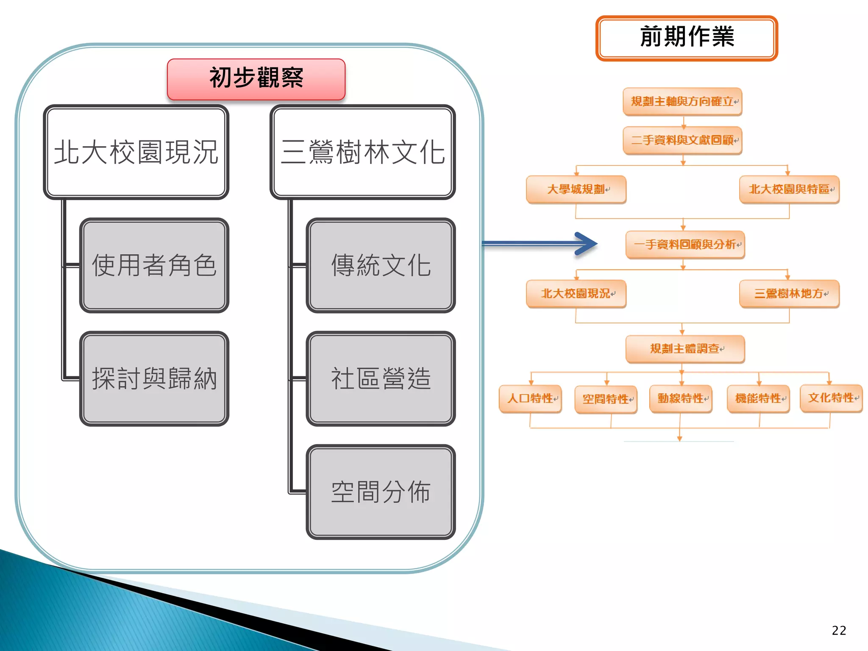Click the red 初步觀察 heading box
pos(256,79)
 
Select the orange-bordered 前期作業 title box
pos(687,38)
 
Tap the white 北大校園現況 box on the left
pos(136,152)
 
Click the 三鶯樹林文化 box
pos(363,152)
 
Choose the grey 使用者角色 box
pos(154,265)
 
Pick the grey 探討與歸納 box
pos(154,378)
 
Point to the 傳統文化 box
pos(381,265)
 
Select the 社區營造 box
pos(381,378)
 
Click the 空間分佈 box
pos(381,492)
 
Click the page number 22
pos(839,631)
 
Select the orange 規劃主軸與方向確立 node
pos(682,102)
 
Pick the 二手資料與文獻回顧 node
pos(682,140)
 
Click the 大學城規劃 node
pos(576,189)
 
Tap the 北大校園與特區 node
pos(789,189)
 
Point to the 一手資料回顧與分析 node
pos(685,245)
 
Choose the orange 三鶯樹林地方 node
pos(789,294)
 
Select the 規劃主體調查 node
pos(685,349)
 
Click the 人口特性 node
pos(531,399)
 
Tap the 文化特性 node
pos(831,398)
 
